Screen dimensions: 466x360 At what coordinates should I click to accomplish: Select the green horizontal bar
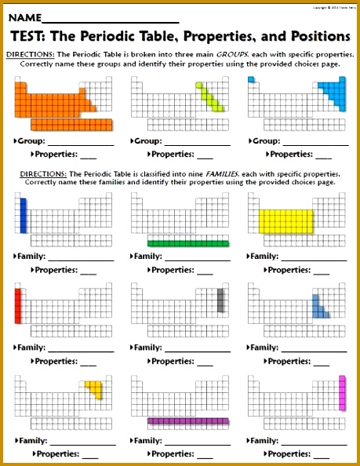[187, 243]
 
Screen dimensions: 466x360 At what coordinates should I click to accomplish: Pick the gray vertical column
[221, 301]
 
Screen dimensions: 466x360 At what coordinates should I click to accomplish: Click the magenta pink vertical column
[342, 392]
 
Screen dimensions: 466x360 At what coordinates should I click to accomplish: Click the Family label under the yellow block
[264, 257]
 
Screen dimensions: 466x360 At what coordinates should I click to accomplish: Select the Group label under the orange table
[29, 141]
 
